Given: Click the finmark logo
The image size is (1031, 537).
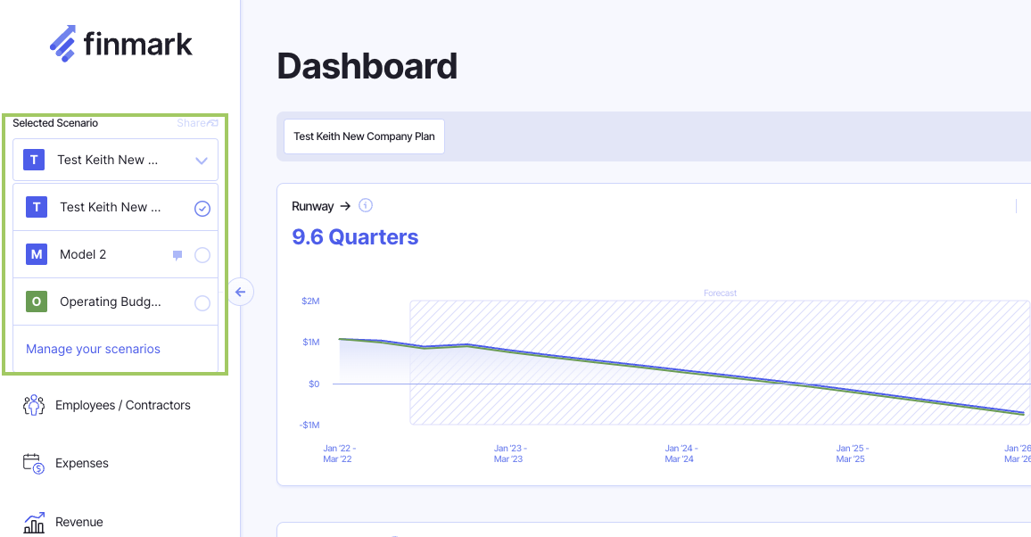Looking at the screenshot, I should click(120, 44).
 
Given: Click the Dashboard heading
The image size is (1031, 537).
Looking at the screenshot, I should click(367, 67).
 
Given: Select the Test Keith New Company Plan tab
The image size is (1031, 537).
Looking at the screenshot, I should click(364, 136).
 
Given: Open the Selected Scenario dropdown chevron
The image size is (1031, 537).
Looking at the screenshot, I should click(202, 161).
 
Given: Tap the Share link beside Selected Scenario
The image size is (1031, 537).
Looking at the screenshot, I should click(197, 123).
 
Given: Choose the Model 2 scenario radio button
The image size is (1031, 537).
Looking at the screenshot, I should click(202, 255).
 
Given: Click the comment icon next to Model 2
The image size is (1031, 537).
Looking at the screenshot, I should click(177, 255).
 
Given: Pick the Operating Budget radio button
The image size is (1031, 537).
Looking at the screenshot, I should click(202, 303).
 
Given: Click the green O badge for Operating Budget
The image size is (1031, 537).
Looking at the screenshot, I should click(37, 302).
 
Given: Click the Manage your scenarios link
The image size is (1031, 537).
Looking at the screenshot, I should click(93, 349).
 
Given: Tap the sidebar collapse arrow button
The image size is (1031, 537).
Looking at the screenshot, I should click(240, 292).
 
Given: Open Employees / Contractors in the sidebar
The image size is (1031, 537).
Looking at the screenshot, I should click(122, 405).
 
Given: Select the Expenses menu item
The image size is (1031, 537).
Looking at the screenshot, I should click(81, 463).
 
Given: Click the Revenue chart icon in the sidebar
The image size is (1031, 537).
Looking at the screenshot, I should click(34, 523).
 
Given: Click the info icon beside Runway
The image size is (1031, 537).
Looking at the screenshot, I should click(365, 206).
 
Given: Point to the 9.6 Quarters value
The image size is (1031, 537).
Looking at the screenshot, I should click(355, 237).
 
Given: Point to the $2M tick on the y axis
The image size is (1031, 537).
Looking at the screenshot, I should click(310, 302).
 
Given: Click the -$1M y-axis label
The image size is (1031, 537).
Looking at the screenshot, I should click(309, 425).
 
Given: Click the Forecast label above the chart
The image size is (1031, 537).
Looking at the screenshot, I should click(720, 293).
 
